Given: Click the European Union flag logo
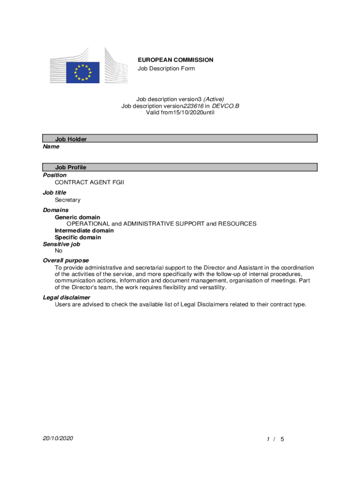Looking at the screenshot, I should point(83,73).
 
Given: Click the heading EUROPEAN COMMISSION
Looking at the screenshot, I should point(175,60).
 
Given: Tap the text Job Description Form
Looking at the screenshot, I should point(166,69).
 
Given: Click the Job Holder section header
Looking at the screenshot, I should point(71,139).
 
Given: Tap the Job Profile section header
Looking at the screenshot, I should point(71,167).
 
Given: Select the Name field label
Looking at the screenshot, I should point(51,146).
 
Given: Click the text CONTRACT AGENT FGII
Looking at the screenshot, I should point(90,182).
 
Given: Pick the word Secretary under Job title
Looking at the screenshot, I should point(68,200).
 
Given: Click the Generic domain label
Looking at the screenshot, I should point(78,217).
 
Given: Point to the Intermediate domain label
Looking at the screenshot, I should point(84,231).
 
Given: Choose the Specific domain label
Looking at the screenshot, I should point(78,237).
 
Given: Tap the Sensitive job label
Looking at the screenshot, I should point(62,244).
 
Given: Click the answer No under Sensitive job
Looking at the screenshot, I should point(59,251).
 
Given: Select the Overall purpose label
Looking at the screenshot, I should point(66,260).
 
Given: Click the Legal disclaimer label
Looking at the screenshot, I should point(67,298).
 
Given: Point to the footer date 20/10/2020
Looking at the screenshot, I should point(58,438).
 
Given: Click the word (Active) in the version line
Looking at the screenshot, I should point(214,99).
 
